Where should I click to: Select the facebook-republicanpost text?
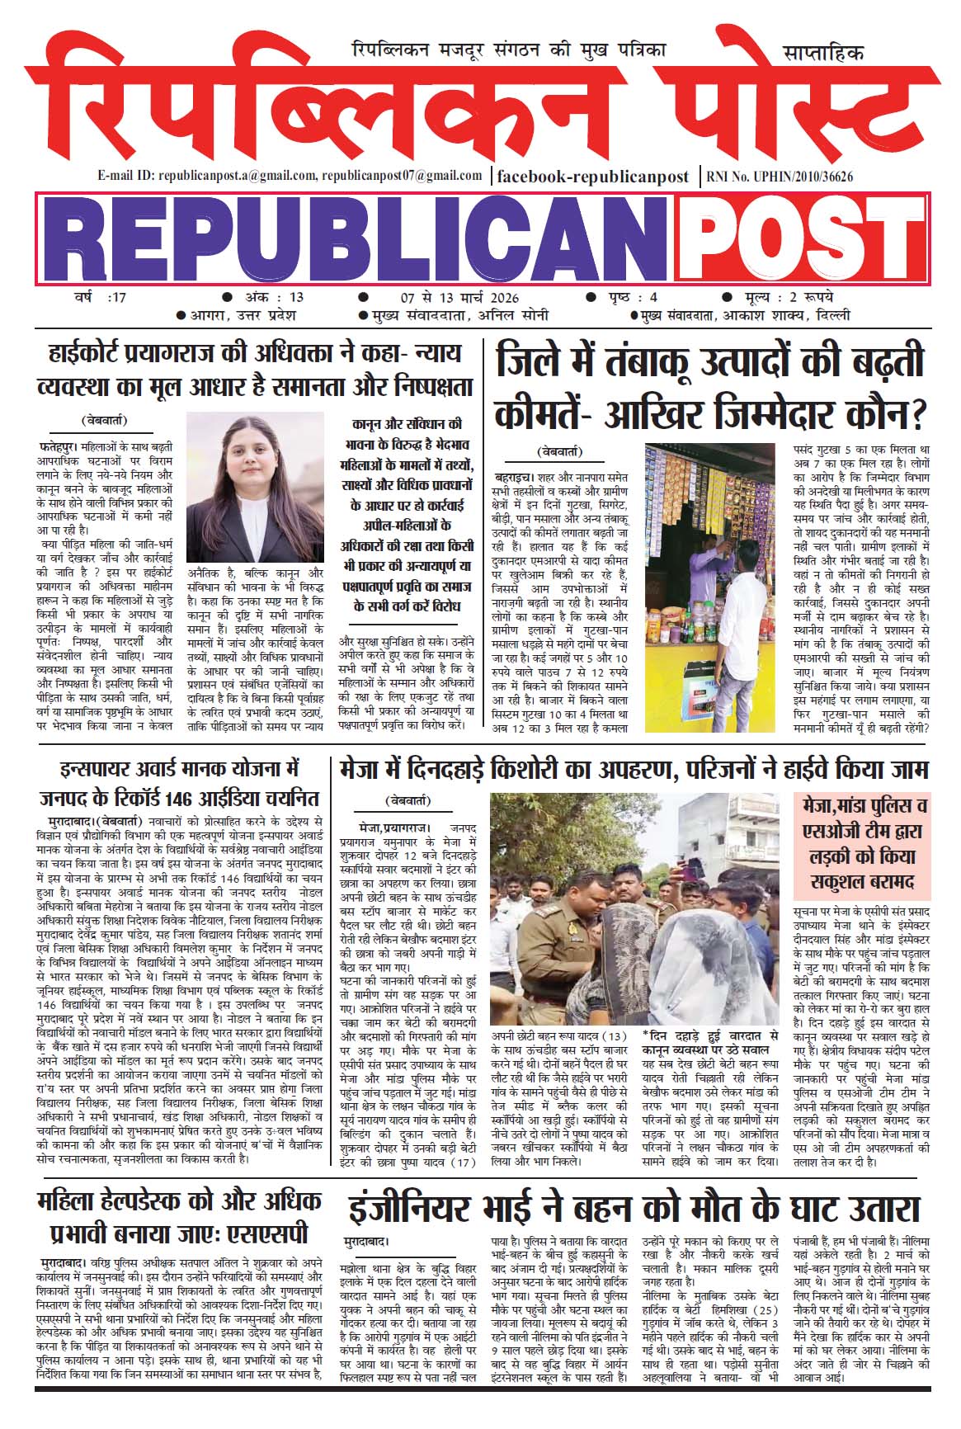pyautogui.click(x=593, y=176)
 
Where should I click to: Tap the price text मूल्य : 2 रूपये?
pyautogui.click(x=784, y=297)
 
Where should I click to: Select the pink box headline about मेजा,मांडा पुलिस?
pyautogui.click(x=861, y=843)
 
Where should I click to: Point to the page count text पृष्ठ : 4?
pyautogui.click(x=627, y=297)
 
